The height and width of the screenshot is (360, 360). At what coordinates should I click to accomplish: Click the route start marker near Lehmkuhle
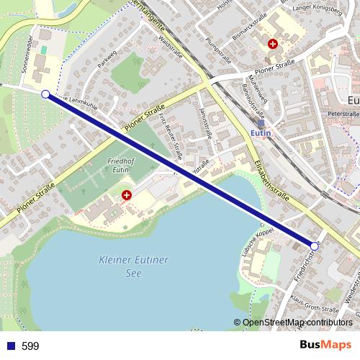46,94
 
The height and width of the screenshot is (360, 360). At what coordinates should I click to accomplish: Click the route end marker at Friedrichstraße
314,246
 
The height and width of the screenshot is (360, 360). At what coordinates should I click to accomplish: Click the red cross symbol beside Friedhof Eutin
127,194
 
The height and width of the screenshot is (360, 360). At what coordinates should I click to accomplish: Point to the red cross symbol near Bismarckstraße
272,43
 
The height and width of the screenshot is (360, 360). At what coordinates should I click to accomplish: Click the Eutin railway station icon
261,123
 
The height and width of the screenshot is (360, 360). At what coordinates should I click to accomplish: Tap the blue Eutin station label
260,134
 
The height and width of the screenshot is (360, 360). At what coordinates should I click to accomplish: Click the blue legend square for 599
10,346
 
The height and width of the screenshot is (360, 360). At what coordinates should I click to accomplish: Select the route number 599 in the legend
30,346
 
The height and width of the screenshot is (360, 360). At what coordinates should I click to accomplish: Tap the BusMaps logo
326,345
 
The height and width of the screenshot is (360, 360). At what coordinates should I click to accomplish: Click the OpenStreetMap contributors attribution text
297,323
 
